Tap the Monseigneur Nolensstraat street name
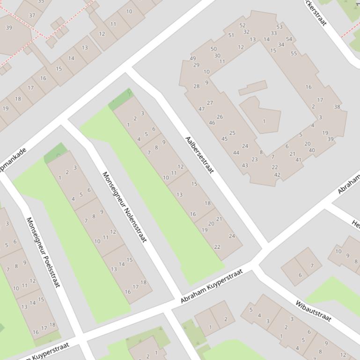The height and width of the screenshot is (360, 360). point(125,207)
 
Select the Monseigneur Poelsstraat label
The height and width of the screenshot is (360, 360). point(44,252)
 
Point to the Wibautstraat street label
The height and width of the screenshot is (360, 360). point(313,311)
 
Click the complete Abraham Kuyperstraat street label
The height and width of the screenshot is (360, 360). point(212,286)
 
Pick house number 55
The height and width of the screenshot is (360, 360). point(294,53)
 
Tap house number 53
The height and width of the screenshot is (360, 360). point(279,27)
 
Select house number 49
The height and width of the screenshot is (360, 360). point(193,58)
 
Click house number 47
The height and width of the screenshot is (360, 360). point(202,109)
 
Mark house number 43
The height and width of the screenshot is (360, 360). point(245,166)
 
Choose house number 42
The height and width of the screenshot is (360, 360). point(277,175)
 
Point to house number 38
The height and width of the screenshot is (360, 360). point(337,107)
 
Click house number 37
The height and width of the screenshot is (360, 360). point(32,15)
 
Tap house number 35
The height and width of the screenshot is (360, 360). point(41,2)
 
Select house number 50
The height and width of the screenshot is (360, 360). point(213,49)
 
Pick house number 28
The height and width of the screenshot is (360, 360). point(196,86)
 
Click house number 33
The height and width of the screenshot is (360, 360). point(273,33)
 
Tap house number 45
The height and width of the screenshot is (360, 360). point(224,139)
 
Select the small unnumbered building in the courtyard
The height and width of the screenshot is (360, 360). point(252,87)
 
